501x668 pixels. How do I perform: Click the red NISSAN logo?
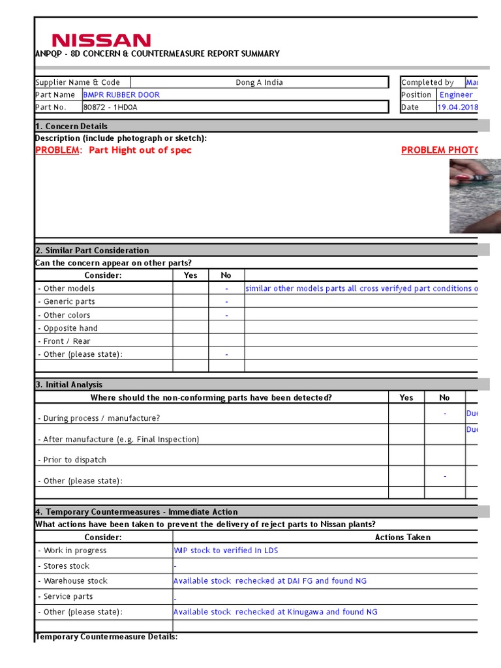[101, 40]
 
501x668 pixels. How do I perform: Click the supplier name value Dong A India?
[259, 82]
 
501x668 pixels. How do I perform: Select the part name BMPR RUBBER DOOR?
[121, 95]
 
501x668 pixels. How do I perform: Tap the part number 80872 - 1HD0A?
[110, 107]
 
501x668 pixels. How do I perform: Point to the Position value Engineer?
[455, 95]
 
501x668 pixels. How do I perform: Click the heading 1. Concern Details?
[71, 126]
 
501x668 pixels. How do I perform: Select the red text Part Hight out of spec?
[140, 150]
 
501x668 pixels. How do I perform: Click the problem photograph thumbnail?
[474, 196]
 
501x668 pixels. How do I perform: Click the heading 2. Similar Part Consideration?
[92, 250]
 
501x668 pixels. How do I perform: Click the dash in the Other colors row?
[226, 315]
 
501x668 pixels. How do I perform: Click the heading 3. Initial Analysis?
[68, 384]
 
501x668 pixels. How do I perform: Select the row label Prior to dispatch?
[72, 460]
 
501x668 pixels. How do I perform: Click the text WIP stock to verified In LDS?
[225, 551]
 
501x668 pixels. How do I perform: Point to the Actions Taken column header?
[402, 537]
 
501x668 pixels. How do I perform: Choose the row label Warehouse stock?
[73, 581]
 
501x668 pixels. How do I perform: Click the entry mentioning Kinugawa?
[275, 612]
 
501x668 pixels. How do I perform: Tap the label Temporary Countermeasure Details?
[106, 636]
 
